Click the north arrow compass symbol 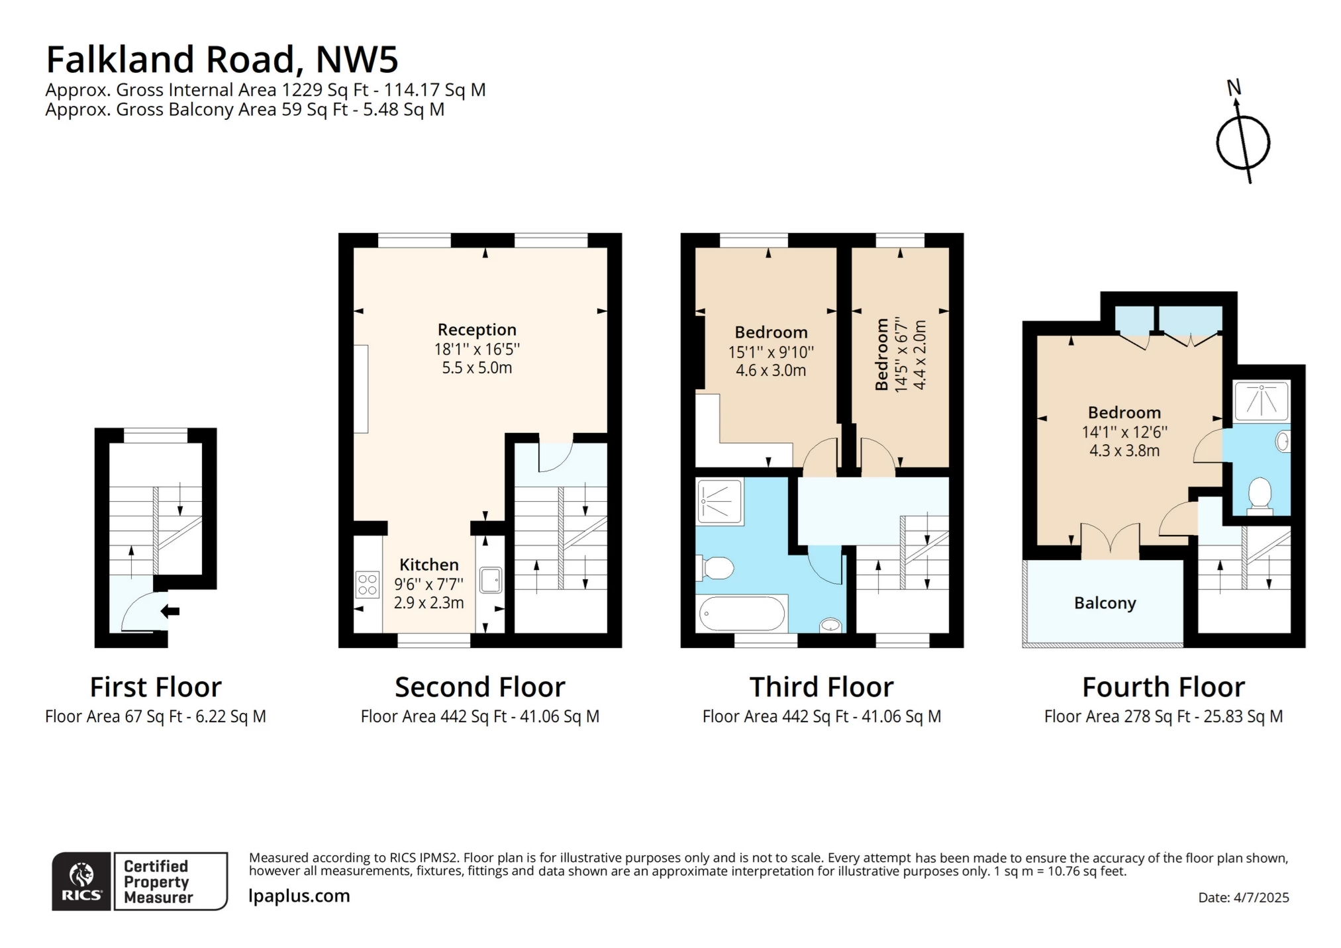point(1242,142)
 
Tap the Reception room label point(477,330)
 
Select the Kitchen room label point(428,565)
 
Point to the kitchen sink point(490,580)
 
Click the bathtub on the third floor point(742,614)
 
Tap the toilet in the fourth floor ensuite point(1260,495)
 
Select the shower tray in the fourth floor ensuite point(1262,401)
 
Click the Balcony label point(1105,603)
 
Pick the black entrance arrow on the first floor point(171,611)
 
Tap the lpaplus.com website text point(299,896)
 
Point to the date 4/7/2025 point(1243,898)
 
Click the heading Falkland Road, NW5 point(222,60)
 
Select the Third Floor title point(821,687)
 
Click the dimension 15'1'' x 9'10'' point(771,352)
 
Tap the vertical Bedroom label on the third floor point(881,355)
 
